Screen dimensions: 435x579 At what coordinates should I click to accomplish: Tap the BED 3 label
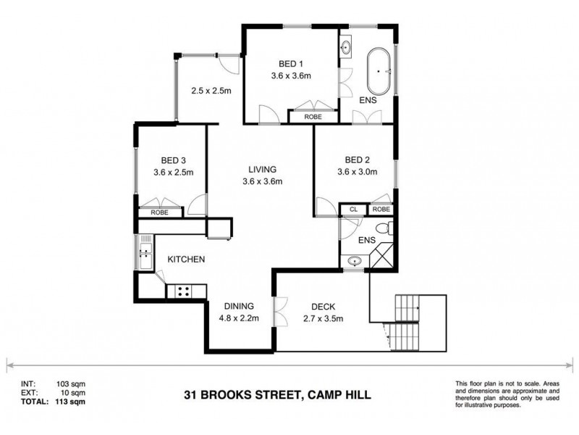174,160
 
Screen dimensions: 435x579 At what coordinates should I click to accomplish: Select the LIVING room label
261,169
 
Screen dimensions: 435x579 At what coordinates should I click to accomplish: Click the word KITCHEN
187,259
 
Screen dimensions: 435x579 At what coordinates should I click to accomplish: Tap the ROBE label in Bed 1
313,116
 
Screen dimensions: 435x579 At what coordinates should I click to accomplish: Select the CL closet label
353,210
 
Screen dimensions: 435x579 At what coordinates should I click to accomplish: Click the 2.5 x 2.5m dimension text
211,91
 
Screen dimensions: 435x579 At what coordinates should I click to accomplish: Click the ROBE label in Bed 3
160,213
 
